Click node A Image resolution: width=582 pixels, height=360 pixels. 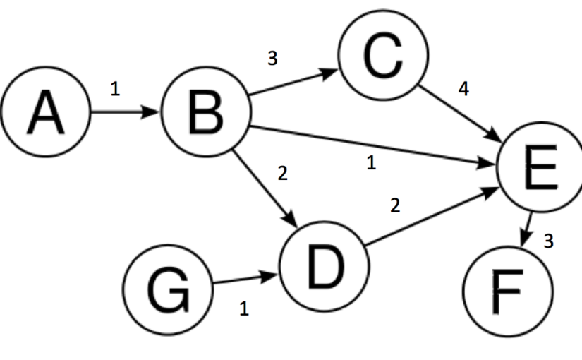pos(46,112)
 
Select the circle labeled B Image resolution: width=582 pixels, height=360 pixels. pos(206,112)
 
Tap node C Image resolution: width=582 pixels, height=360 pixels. pos(384,55)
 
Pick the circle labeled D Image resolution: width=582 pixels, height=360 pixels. pos(325,266)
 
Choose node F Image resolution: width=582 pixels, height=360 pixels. pos(508,292)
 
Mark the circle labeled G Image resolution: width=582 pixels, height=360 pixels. pos(168,290)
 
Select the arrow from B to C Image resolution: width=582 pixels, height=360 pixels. pos(293,82)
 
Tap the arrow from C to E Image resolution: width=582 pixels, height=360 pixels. pos(460,114)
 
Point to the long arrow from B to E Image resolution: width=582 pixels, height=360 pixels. pos(374,145)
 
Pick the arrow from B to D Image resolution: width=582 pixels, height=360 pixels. pos(265,188)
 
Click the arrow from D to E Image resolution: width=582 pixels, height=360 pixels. pos(432,216)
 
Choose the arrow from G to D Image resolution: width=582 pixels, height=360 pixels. pos(245,279)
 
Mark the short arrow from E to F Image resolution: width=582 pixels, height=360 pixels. pos(527,229)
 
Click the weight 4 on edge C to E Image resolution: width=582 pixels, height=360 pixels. pos(464,89)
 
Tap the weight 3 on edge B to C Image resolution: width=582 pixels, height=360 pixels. pos(272,59)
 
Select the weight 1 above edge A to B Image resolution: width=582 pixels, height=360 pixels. pos(115,89)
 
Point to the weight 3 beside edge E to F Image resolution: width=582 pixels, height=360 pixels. pos(549,241)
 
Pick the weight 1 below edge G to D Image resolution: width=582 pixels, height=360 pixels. pos(244,308)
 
